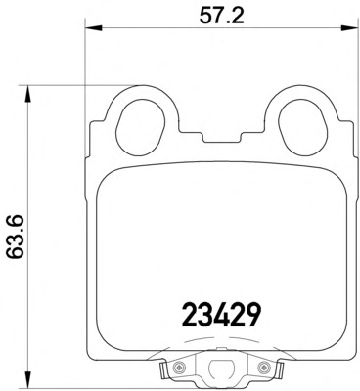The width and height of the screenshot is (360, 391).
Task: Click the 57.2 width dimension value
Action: point(222,15)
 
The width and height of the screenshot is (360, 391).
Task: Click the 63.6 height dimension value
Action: point(16,237)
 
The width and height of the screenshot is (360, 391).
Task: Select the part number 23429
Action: point(221,315)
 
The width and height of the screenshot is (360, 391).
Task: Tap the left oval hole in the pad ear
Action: point(141,127)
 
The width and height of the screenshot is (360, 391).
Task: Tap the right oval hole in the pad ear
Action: point(302,127)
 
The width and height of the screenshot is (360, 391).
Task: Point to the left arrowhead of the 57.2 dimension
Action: point(94,28)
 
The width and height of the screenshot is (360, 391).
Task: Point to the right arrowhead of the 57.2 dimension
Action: point(349,28)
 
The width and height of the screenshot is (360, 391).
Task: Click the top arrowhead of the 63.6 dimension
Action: point(28,95)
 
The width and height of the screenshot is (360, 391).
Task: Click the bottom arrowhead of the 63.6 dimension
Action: point(28,379)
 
